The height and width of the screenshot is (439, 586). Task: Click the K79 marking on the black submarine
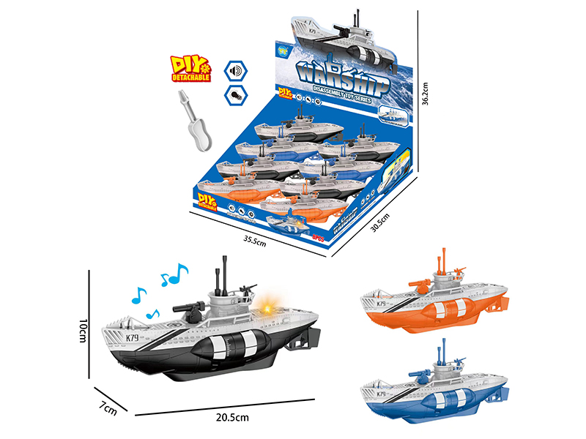132,337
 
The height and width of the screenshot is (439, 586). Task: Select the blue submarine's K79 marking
381,394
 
